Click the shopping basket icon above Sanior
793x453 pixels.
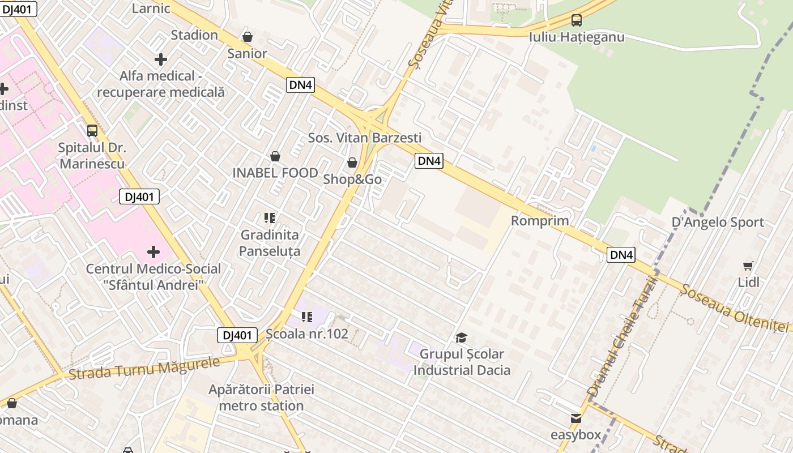[x=248, y=37]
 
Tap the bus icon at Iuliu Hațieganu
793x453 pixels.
[x=577, y=20]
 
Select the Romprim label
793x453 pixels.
[x=540, y=220]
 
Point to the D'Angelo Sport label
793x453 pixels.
[x=718, y=222]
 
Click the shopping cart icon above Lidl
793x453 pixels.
[x=748, y=266]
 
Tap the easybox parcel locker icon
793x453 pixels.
[x=576, y=418]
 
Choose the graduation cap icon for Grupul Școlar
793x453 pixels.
[x=462, y=338]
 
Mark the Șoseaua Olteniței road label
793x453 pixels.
[x=735, y=308]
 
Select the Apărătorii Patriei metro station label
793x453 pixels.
[x=261, y=398]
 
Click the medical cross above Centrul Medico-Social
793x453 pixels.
[x=153, y=252]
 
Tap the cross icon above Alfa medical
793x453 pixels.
[x=161, y=59]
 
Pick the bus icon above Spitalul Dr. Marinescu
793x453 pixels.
[x=92, y=131]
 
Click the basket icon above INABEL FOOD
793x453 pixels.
[x=275, y=156]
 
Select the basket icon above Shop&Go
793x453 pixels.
[x=352, y=163]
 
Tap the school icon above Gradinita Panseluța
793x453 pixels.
[x=270, y=218]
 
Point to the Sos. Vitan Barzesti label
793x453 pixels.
[x=365, y=138]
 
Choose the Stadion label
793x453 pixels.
[x=194, y=35]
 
